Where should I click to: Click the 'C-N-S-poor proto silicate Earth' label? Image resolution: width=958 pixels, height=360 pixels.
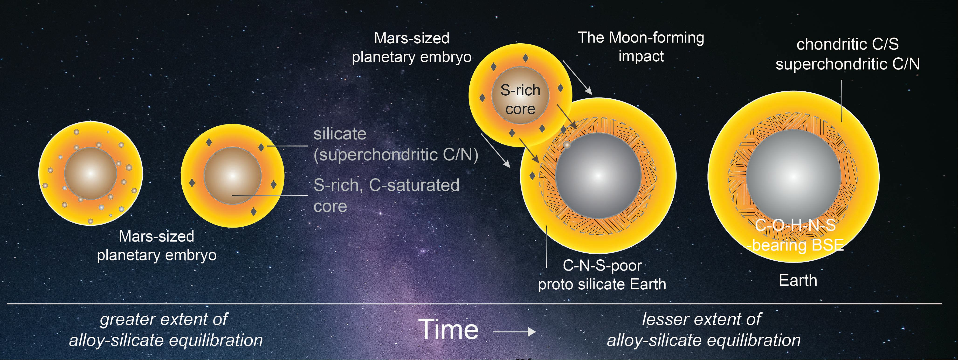coord(602,275)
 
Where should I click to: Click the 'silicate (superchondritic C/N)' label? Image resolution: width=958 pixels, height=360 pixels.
coord(395,144)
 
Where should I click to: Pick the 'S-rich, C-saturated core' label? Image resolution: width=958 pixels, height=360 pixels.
coord(386,195)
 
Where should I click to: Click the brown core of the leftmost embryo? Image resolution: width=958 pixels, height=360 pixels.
coord(90,173)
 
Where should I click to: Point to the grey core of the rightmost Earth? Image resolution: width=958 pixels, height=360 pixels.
coord(793,177)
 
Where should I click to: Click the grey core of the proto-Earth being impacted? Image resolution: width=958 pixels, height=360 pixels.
coord(598,175)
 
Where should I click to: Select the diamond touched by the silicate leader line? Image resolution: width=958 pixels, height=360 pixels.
coord(261,148)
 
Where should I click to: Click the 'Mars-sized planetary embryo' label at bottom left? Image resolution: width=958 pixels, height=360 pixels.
coord(157,246)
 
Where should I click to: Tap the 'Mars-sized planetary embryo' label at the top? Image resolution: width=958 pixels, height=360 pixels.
coord(411,48)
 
